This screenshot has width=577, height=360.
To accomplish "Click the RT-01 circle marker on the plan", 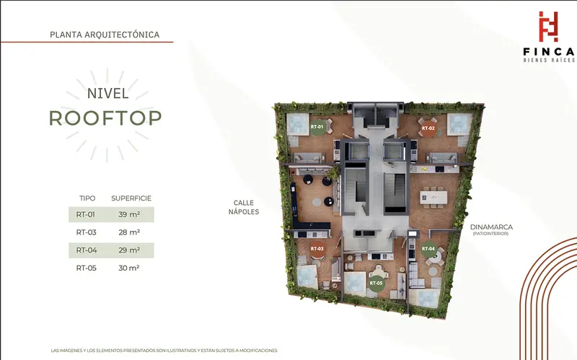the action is point(317,127).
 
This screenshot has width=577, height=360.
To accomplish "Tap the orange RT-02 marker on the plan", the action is point(428,128).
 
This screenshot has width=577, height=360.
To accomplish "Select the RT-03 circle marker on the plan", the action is point(317,249).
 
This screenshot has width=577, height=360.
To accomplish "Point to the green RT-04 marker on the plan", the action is point(428,249).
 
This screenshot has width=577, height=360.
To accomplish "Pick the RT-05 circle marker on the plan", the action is point(376,284).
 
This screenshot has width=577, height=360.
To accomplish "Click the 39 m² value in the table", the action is point(129,214).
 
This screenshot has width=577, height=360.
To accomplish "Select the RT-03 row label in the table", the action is point(86,232).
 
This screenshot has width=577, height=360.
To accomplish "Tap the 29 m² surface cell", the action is point(129,250).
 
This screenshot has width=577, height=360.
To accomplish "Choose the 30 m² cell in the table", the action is point(129,268).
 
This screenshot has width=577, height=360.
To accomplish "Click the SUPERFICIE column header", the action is point(131,198).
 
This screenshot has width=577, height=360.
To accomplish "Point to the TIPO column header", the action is point(87,198).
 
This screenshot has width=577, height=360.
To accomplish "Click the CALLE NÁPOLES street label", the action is point(244,207).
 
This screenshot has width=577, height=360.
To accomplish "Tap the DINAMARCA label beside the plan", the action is point(491,227).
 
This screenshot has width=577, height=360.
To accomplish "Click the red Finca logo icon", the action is point(548,27).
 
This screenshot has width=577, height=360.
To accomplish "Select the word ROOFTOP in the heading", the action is point(105,118).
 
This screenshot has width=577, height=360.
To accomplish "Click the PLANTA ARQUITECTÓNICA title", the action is point(105,35).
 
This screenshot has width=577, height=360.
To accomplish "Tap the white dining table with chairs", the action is point(434,197).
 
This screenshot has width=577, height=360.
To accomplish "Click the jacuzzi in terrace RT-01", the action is point(298,124).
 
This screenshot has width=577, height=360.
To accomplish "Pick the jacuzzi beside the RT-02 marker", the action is point(459,124).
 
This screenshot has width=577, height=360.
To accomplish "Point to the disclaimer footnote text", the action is point(164,351).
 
